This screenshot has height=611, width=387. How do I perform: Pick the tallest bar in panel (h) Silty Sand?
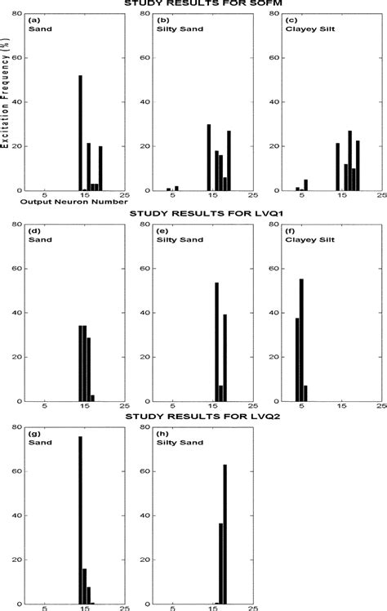[225, 534]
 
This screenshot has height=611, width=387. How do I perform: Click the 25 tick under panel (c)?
[380, 196]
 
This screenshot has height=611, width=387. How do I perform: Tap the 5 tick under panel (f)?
[301, 406]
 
